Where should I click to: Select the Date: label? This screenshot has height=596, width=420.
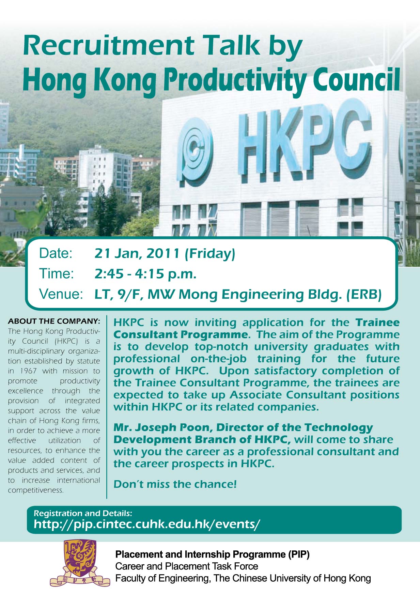coord(56,253)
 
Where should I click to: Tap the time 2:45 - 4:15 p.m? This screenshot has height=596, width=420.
coord(145,274)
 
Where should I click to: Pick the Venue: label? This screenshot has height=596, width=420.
coord(61,294)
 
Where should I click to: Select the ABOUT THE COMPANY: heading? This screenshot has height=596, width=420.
coord(54,321)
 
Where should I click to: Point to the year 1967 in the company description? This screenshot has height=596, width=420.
coord(29,371)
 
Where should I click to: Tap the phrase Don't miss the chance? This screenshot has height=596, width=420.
coord(175,484)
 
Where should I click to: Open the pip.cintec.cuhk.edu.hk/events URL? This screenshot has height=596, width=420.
coord(147,524)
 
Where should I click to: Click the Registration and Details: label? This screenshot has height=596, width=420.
coord(83,513)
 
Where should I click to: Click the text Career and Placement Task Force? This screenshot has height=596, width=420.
coord(187,566)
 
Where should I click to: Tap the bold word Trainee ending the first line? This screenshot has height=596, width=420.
coord(377,322)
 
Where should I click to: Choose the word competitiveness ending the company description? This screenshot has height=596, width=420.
coord(36,490)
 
